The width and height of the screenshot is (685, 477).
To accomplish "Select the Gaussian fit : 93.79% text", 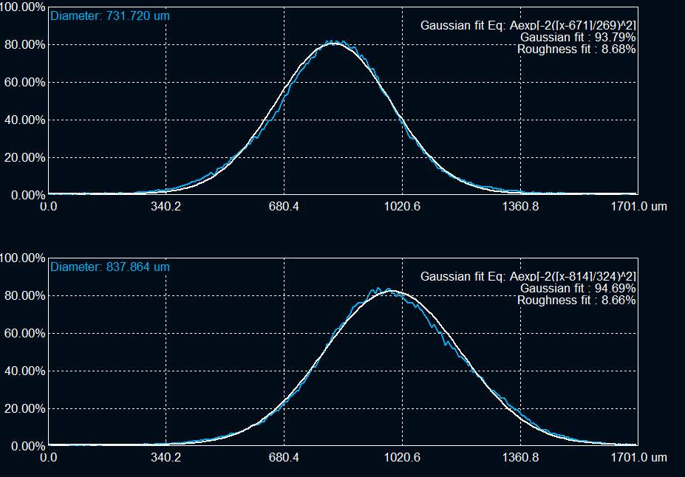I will click(578, 37).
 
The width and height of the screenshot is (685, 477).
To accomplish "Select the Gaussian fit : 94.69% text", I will click(578, 288).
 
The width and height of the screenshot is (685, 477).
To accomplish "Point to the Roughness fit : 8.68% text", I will click(576, 49).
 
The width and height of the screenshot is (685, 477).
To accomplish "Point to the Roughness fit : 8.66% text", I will click(576, 300).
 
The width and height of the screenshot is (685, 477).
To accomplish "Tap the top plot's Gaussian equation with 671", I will click(528, 25).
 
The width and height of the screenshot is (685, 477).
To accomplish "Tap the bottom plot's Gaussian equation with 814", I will click(528, 276).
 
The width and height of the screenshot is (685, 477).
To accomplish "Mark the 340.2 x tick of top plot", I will click(166, 207).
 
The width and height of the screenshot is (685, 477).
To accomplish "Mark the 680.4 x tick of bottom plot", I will click(284, 458).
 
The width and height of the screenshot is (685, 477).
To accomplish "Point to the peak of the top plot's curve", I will click(335, 43).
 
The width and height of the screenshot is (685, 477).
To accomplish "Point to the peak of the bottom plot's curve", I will click(389, 290).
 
